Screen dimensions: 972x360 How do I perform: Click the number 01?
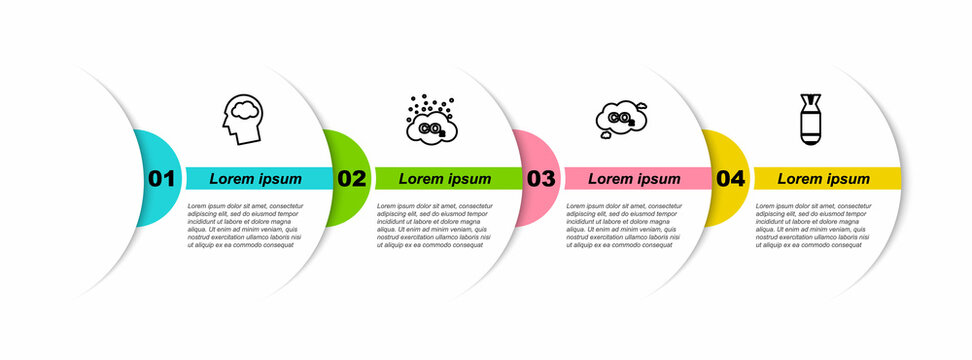point(161,179)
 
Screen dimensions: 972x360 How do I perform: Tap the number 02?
point(351,179)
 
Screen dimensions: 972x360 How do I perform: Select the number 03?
point(540,179)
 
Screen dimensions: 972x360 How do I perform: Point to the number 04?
point(730,179)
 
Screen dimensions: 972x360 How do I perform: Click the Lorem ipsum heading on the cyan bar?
point(255,179)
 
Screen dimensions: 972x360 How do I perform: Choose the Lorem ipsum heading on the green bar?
point(445,179)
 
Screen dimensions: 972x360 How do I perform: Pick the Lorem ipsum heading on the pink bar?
point(634,179)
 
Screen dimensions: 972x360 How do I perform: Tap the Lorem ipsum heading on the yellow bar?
point(824,179)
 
